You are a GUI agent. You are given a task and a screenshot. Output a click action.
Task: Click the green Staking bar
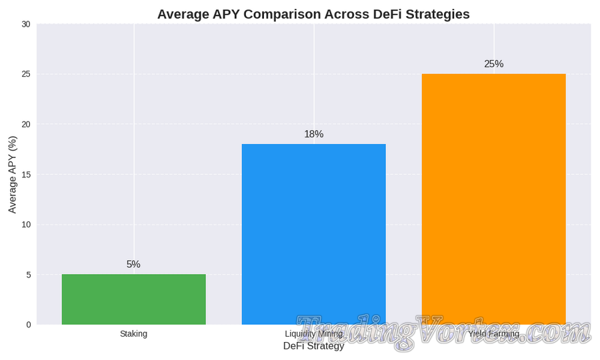[133, 299]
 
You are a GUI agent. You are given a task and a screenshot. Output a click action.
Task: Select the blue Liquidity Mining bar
[313, 233]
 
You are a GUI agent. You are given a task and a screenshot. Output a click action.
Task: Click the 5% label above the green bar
[133, 265]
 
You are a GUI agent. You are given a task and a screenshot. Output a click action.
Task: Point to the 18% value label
[313, 135]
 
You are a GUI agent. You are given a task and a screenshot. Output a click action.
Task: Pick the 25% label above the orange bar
[493, 65]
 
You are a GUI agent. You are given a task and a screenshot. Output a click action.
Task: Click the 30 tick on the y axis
[26, 25]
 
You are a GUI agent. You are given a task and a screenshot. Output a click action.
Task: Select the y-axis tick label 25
[26, 75]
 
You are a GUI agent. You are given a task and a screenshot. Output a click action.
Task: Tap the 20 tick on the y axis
[26, 125]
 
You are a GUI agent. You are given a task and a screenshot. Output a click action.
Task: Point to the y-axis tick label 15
[26, 175]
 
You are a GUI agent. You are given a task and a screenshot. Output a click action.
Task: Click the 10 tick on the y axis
[26, 225]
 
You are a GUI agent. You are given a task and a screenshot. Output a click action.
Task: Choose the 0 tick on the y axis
[28, 325]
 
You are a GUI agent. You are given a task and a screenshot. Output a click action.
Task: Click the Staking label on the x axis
[133, 334]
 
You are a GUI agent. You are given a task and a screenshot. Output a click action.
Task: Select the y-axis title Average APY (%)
[12, 175]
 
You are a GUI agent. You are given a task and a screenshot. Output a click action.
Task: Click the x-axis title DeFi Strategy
[313, 346]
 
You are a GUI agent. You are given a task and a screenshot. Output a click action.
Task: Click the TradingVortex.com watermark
[443, 332]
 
